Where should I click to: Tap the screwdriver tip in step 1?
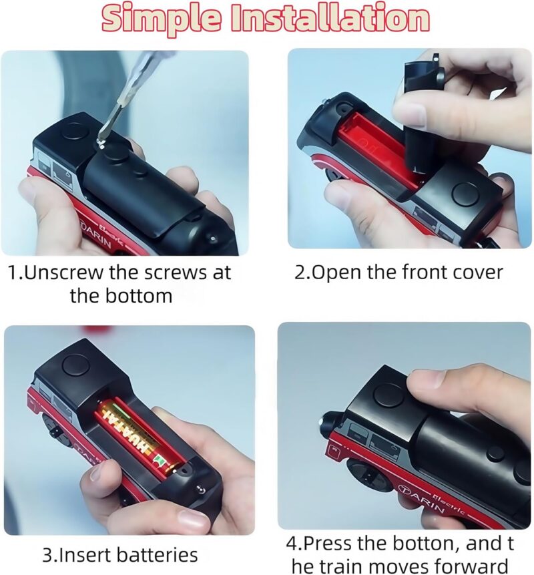(100, 142)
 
